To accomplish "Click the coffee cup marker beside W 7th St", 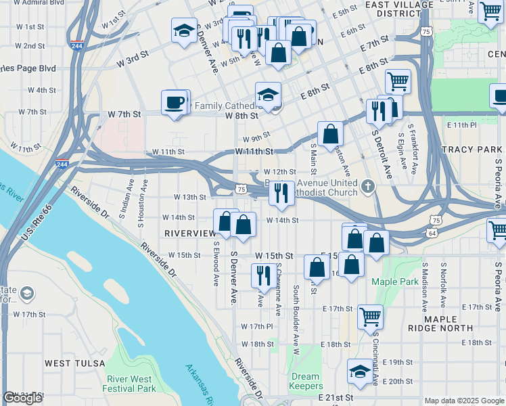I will coord(175,103).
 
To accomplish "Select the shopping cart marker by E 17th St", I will coord(371,317).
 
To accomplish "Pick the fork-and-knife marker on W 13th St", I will coord(281,194).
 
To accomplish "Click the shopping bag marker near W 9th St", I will coord(331,135).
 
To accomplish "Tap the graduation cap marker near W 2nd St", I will coord(183,31).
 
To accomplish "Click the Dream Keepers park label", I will coord(305,381).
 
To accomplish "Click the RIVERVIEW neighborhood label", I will coord(189,233).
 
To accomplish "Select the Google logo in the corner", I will coord(22,398).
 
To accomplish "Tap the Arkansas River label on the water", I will coord(202,378).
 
